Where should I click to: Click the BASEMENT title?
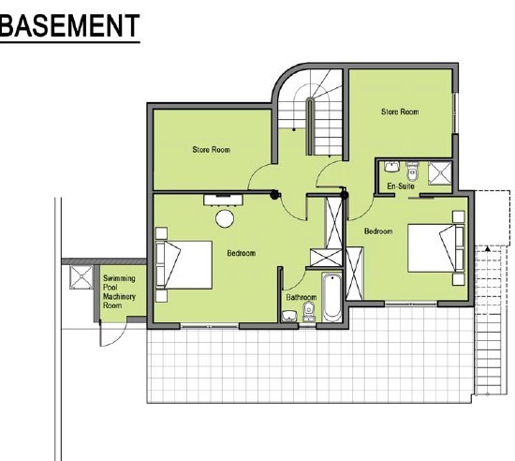tap(69, 25)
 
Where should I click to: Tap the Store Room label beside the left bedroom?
tap(212, 150)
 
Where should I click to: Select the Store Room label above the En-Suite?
tap(400, 112)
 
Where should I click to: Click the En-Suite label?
tap(401, 186)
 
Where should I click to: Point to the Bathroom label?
tap(302, 297)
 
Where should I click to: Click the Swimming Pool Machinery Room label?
tap(119, 291)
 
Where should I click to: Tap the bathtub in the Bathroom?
tap(331, 298)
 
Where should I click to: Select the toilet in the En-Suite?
tap(412, 171)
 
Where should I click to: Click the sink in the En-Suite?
tap(390, 167)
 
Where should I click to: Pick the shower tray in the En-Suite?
tap(439, 172)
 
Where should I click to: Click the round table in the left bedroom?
tap(225, 218)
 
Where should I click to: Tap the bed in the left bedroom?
tap(184, 265)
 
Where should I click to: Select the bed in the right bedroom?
tap(435, 248)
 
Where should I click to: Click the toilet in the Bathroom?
tap(308, 312)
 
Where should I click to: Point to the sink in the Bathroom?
tap(289, 316)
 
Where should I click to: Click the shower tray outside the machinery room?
tap(81, 277)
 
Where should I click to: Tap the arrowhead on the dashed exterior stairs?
tap(488, 248)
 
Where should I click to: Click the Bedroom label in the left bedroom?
tap(241, 253)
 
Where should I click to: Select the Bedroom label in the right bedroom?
tap(378, 231)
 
